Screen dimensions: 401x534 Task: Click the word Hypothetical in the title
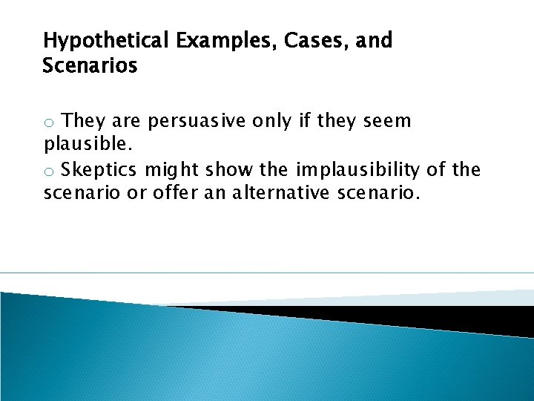pos(107,42)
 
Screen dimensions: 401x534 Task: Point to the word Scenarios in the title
pos(90,66)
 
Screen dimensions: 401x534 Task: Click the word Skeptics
pos(99,171)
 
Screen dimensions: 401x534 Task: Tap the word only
pos(274,121)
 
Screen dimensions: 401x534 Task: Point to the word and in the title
pos(374,41)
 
